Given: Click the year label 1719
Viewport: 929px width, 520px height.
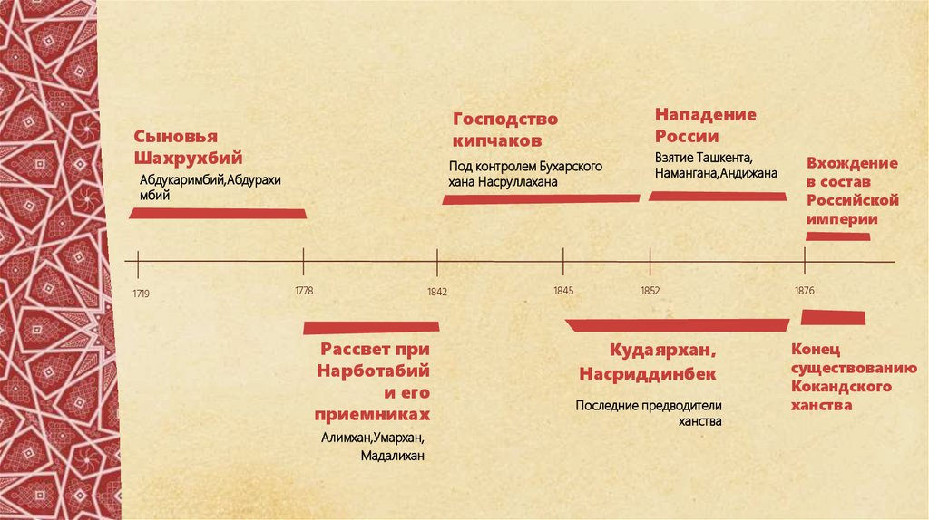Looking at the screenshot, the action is pos(140,294).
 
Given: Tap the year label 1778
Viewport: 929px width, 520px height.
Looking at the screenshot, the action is pos(304,290).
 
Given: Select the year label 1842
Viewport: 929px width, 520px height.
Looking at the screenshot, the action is pos(437,293).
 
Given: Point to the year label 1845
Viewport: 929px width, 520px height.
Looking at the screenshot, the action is pos(563,291).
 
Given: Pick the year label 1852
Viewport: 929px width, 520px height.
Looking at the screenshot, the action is pos(650,291).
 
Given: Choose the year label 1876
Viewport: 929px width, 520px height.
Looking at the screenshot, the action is pos(805,291).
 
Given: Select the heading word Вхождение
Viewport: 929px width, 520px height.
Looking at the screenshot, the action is pos(852,163).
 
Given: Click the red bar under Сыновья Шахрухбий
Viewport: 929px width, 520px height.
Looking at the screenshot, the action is pos(218,214).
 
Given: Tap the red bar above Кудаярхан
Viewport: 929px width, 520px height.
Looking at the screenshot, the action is pos(677,325).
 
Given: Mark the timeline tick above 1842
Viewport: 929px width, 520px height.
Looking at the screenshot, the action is pos(437,263).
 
